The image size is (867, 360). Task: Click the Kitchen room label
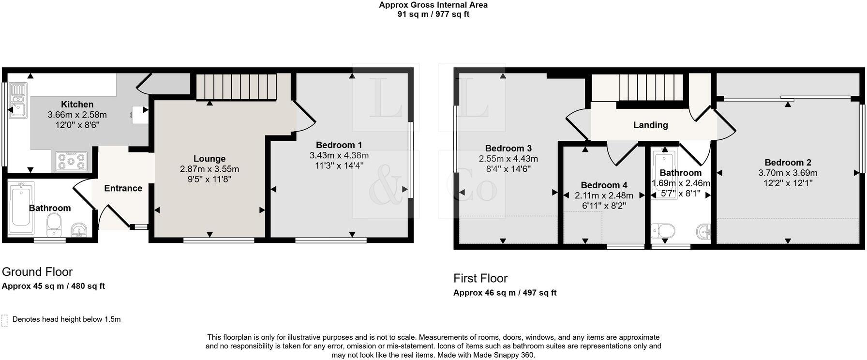coord(77,105)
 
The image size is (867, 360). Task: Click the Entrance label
coord(123,188)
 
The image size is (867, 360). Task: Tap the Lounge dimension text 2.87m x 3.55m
coord(209,169)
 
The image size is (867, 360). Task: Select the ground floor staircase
coord(236,86)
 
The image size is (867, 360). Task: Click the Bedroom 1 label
coord(339,145)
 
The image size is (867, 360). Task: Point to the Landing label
coord(650,125)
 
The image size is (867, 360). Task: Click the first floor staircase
coord(650,87)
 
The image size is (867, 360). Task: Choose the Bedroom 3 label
coord(508,149)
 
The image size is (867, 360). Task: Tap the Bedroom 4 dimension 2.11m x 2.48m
coord(604,196)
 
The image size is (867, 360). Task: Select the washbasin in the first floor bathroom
coord(703,231)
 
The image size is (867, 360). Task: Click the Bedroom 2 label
coord(788,163)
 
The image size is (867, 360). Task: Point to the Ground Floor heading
coord(37,272)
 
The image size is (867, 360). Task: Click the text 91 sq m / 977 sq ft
coord(433,15)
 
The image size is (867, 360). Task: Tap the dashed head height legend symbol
coord(5,320)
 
